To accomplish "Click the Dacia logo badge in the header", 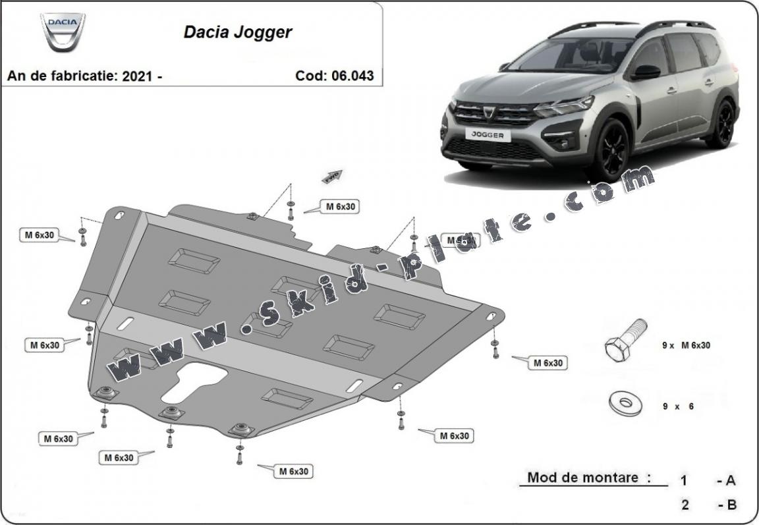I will [x=63, y=32].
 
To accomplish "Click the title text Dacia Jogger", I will [x=238, y=32].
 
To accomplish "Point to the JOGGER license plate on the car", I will [x=488, y=134].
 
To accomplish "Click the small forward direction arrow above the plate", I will [x=332, y=176].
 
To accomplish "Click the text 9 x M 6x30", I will [x=686, y=345].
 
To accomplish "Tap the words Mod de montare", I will [x=582, y=478].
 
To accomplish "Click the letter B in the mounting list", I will [x=731, y=505].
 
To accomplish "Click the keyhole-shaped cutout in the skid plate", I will [x=194, y=382].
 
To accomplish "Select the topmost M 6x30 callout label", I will [x=341, y=206].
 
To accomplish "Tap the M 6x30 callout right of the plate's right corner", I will [x=548, y=362].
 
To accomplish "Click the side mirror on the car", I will [x=646, y=72].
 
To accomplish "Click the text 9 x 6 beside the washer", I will [x=678, y=406].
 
